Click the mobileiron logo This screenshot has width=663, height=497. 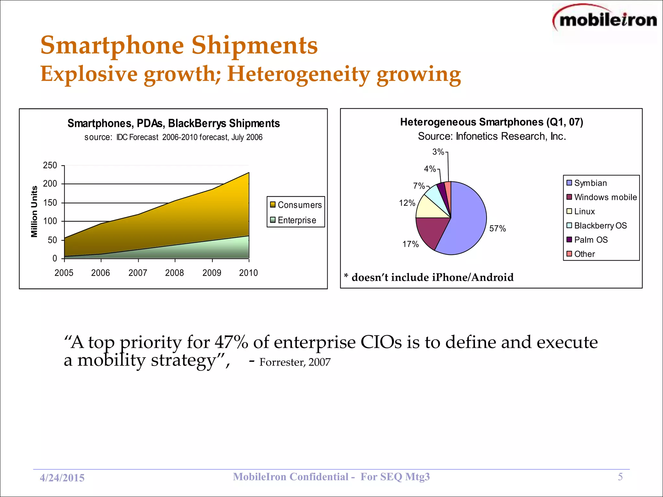click(x=605, y=20)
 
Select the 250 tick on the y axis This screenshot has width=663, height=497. click(x=50, y=165)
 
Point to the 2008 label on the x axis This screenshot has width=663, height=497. click(x=174, y=273)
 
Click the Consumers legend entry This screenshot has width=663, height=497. click(x=296, y=205)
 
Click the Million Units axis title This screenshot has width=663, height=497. click(x=34, y=212)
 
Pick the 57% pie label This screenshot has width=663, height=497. click(x=497, y=228)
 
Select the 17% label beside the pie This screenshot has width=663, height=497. click(x=410, y=244)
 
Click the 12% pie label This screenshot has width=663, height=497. click(x=407, y=203)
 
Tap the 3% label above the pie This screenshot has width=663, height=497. click(x=438, y=152)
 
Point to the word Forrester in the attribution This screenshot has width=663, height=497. click(x=282, y=362)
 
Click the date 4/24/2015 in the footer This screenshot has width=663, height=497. click(x=62, y=478)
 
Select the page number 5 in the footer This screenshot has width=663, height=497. click(x=620, y=477)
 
